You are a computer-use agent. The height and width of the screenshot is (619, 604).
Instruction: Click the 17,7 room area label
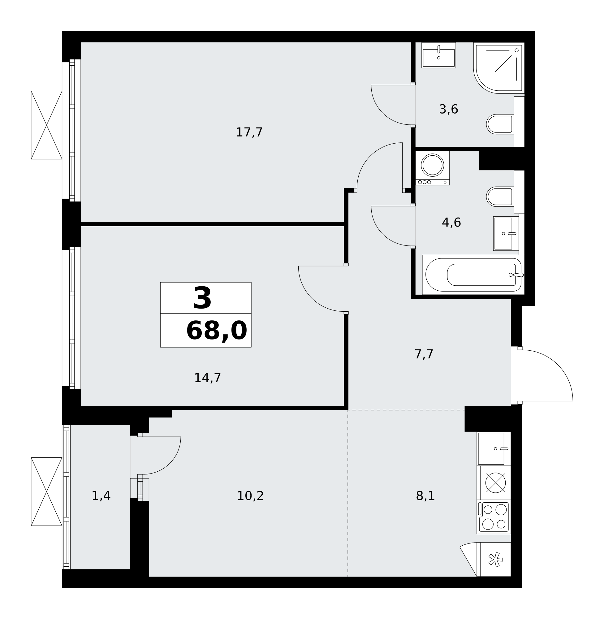(x=249, y=132)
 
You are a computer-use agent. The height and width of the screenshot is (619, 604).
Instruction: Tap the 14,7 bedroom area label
(x=207, y=378)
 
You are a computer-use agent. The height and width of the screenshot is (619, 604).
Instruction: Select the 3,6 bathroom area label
(x=449, y=109)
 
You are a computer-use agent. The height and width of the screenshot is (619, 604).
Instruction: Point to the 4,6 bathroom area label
(x=451, y=223)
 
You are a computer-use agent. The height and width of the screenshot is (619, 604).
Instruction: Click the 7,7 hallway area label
(x=424, y=354)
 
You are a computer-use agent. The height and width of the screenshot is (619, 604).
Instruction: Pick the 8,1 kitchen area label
(x=425, y=496)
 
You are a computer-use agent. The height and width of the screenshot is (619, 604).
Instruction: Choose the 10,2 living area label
(x=250, y=496)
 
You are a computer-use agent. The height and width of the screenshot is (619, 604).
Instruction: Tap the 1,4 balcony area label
(x=101, y=496)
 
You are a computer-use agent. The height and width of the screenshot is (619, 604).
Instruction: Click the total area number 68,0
(x=216, y=331)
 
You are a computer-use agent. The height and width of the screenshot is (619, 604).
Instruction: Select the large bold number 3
(x=202, y=298)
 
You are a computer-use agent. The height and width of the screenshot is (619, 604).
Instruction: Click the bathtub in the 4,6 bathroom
(x=473, y=275)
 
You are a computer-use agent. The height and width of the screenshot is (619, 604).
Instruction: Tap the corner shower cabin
(x=499, y=68)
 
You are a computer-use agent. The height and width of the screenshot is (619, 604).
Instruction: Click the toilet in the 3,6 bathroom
(x=500, y=124)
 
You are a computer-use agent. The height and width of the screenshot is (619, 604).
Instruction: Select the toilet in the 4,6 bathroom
(x=500, y=197)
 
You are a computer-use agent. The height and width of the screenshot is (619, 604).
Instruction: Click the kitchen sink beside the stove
(x=494, y=449)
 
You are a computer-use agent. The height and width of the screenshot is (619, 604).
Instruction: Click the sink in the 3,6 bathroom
(x=439, y=55)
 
